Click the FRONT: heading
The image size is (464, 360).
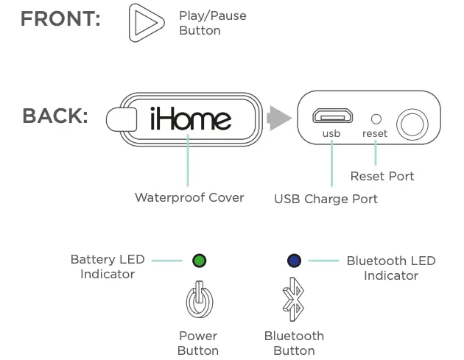[x=60, y=20]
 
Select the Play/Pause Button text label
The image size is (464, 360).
[x=212, y=23]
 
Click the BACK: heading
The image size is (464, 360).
[x=55, y=117]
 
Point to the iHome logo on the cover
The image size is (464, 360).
[x=191, y=119]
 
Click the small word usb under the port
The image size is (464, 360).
[x=331, y=134]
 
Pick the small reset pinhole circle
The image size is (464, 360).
[x=376, y=119]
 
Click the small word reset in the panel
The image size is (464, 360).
[x=375, y=134]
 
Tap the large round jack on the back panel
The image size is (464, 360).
[x=412, y=123]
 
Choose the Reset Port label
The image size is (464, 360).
[x=382, y=176]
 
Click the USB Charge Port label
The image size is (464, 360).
[x=326, y=199]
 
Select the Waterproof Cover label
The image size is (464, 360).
[x=189, y=197]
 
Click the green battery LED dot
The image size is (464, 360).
[x=199, y=261]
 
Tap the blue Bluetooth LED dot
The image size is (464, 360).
[x=295, y=260]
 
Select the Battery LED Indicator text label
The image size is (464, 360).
[x=108, y=267]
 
